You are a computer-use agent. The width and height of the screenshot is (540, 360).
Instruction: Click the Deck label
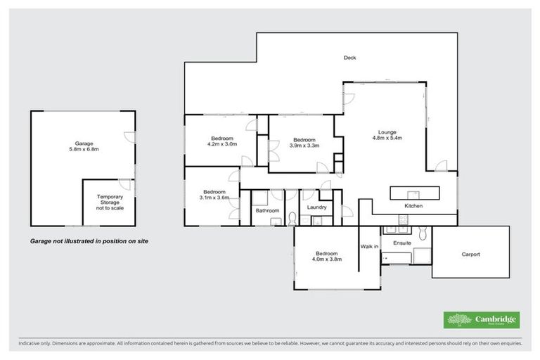[x=349, y=58]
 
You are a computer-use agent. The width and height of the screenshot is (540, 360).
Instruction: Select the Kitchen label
[x=413, y=206]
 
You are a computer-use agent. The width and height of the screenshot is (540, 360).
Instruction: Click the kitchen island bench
[x=415, y=192]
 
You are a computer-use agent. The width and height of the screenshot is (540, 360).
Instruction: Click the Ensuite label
[x=402, y=243]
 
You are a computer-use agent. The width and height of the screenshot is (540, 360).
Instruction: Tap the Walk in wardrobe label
[x=370, y=246]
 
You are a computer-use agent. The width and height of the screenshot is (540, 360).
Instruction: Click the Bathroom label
[x=267, y=211]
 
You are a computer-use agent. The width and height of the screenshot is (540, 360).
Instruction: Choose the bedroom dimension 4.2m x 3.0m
[x=222, y=144]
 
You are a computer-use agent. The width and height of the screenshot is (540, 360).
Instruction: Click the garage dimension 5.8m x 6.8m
[x=84, y=149]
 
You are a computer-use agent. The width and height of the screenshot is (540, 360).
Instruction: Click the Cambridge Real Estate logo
[x=481, y=320]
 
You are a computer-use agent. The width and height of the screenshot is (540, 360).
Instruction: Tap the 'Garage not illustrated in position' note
[x=89, y=240]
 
